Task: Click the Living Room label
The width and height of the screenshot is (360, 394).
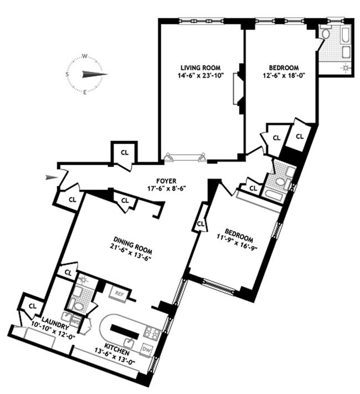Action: click(200, 68)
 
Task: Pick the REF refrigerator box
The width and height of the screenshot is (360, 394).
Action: click(120, 293)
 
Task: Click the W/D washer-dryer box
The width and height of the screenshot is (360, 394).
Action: click(75, 321)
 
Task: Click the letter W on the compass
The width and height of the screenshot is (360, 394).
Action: click(85, 57)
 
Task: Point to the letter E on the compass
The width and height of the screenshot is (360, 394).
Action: click(85, 92)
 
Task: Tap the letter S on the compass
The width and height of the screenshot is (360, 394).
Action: click(67, 74)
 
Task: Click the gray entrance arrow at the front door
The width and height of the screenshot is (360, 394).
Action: click(52, 177)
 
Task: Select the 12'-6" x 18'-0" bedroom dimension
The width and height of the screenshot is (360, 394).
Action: click(284, 75)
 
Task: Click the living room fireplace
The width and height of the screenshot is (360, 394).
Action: click(238, 89)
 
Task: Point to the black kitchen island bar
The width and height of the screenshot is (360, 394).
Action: click(125, 332)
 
